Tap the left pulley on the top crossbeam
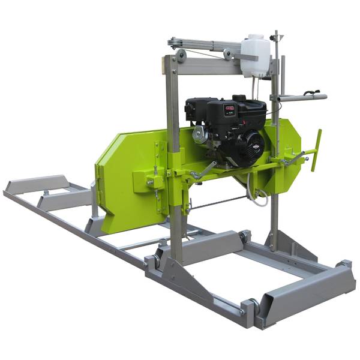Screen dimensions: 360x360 (180, 56)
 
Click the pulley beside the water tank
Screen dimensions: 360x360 (228, 56)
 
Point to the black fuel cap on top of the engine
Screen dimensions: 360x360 (239, 97)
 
